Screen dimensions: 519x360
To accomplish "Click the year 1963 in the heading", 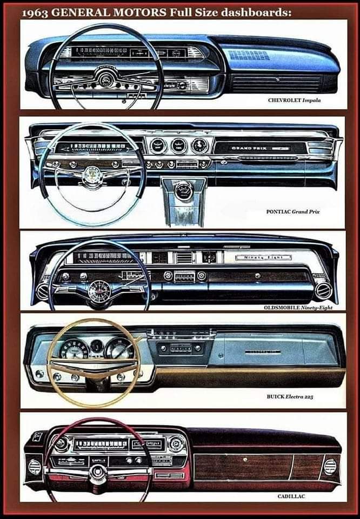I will (x=36, y=12).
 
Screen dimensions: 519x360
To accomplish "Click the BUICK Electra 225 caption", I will (x=290, y=397).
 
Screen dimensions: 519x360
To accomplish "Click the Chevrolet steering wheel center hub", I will (x=105, y=81).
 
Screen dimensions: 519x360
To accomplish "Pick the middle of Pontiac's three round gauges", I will (x=178, y=145).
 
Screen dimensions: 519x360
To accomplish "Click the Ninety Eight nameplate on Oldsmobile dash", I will (x=263, y=257).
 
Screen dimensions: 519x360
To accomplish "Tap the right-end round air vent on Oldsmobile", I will (x=323, y=290).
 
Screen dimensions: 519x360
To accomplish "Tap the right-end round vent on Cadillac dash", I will (x=329, y=465).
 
